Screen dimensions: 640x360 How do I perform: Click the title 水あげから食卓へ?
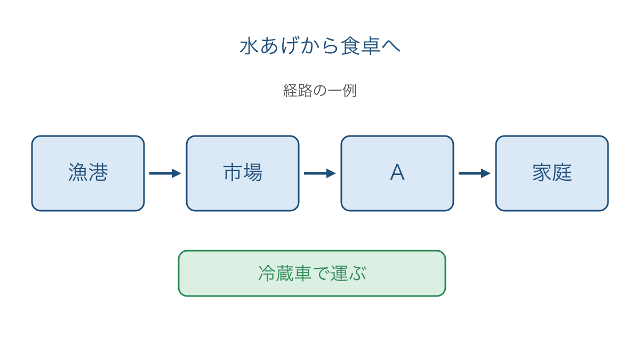point(320,46)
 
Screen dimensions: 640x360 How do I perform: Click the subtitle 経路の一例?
point(320,90)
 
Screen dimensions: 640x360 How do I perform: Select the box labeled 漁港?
point(88,173)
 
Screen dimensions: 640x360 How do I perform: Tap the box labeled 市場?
point(243,173)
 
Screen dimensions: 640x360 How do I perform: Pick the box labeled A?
point(397,173)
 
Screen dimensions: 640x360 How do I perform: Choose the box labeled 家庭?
point(552,173)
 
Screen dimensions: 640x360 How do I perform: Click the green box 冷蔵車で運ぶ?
point(312,274)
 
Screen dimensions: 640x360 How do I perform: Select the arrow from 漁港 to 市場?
point(165,173)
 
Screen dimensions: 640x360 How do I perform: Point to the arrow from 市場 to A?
point(319,173)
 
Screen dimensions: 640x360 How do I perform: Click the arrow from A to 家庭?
point(475,173)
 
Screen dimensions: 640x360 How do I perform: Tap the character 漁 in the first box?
point(78,172)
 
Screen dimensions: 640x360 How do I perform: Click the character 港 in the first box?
point(98,172)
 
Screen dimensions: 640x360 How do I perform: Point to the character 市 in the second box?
point(233,172)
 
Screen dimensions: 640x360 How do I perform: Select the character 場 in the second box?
point(253,172)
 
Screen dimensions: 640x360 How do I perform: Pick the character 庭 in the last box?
point(562,172)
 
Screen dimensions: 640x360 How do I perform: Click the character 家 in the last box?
point(542,172)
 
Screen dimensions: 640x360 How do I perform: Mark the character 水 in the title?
point(250,46)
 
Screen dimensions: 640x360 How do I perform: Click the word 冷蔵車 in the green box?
point(285,273)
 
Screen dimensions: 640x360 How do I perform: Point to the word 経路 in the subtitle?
point(298,90)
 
